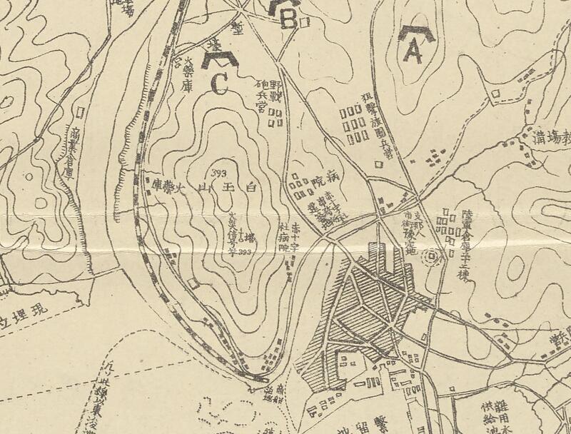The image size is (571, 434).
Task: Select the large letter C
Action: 218,83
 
